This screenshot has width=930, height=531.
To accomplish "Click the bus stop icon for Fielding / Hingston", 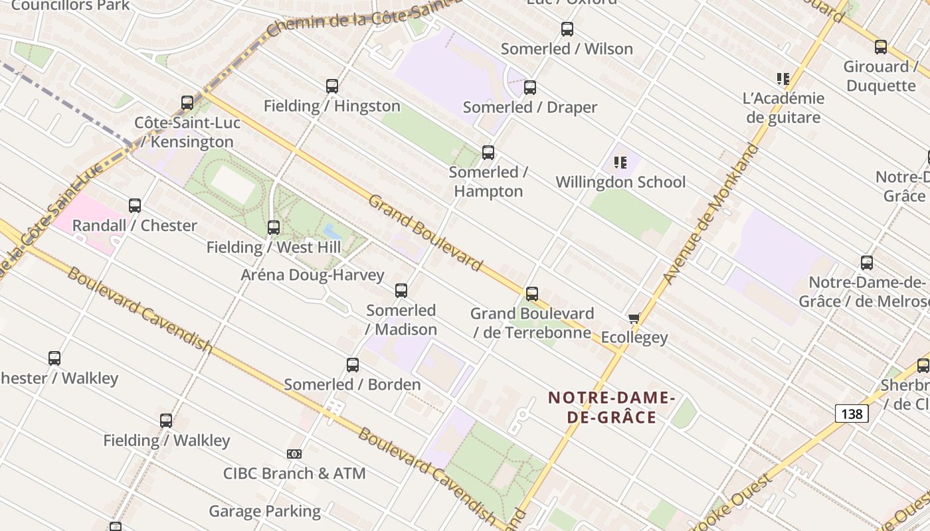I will (332, 86).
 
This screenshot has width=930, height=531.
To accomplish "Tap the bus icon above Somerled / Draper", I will (530, 88).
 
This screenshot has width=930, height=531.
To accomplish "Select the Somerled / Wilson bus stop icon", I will (567, 29).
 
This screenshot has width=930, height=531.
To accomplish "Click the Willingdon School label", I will (620, 182).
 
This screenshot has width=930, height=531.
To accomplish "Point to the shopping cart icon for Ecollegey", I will (634, 319).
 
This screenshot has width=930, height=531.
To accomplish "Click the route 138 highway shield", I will (851, 414).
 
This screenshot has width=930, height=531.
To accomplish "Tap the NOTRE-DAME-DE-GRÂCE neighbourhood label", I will (611, 408).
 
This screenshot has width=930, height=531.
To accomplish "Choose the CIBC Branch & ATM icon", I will (294, 454).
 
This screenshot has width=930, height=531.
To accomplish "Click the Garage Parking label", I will (264, 511).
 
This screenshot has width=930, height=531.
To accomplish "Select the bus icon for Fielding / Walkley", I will (166, 421).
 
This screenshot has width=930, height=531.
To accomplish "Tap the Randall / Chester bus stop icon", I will (135, 206).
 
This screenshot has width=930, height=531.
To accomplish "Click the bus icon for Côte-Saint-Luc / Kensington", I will (187, 103).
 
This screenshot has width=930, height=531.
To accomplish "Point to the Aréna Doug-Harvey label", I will (312, 275).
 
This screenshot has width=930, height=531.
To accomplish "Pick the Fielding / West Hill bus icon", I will (273, 228).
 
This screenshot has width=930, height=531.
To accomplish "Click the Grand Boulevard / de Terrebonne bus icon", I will (531, 294).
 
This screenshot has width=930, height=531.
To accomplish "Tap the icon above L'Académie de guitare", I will (783, 79).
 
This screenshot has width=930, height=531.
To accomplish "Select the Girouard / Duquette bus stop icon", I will (880, 47).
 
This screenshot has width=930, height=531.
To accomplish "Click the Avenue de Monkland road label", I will (711, 214).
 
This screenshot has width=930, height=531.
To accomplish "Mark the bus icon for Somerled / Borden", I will (353, 365).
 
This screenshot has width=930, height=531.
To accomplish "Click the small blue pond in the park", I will (332, 232).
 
